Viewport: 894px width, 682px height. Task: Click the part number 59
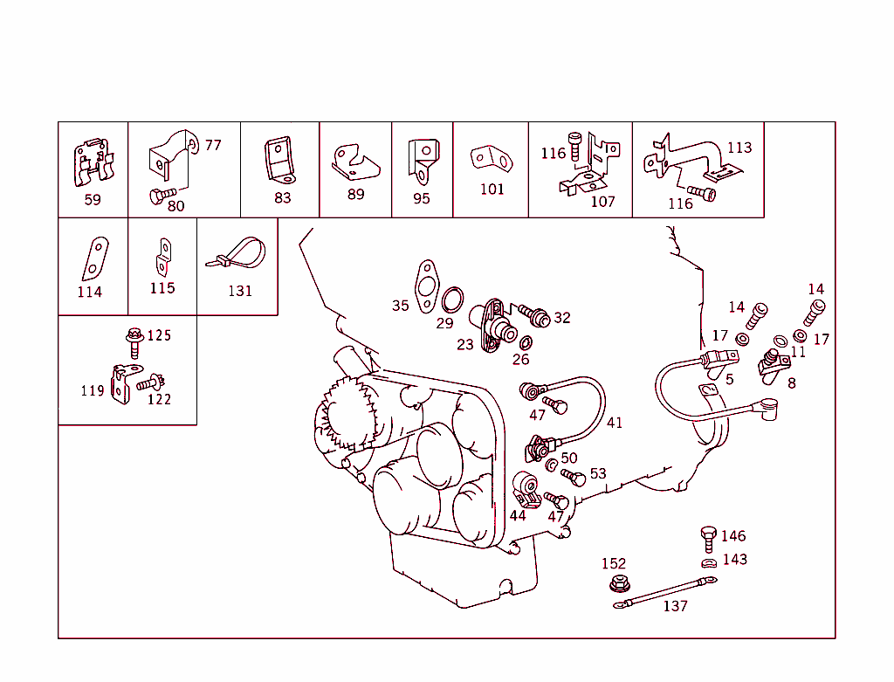coord(93,200)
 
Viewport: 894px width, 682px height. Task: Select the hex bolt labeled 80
coord(162,195)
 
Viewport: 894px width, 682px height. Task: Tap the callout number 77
coord(213,145)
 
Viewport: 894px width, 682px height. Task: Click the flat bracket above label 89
coord(356,162)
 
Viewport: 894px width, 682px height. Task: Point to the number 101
coord(492,189)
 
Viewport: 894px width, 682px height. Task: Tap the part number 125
coord(159,335)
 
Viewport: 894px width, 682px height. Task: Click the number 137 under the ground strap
coord(675,606)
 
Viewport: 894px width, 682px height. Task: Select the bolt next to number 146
coord(708,535)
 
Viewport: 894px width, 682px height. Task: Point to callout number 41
coord(615,423)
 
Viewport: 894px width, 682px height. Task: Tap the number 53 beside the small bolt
coord(598,474)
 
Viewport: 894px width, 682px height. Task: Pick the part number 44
coord(518,515)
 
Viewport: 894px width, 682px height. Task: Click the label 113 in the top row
coord(739,147)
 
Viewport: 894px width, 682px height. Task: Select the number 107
coord(603,201)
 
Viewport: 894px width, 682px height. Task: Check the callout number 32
coord(562,318)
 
